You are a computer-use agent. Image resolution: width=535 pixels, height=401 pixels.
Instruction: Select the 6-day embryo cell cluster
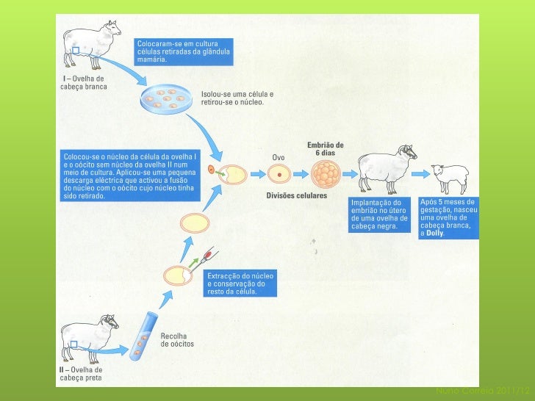326,174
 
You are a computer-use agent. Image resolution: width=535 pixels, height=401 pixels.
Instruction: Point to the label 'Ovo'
279,157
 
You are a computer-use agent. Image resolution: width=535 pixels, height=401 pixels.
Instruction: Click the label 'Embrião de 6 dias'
325,148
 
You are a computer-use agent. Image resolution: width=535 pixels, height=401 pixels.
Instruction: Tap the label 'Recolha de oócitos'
178,339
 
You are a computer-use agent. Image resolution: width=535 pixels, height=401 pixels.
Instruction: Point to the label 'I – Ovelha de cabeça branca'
82,82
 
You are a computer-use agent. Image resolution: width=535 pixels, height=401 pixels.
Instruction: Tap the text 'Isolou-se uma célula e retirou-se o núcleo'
237,98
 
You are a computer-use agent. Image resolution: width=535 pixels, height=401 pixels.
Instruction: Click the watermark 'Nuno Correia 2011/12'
481,389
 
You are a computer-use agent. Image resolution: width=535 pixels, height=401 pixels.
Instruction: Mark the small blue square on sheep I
76,50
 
